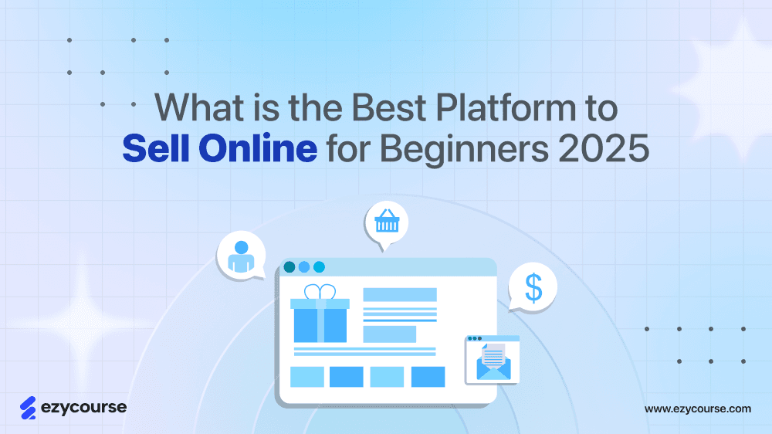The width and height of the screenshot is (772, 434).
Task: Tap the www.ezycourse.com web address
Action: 697,409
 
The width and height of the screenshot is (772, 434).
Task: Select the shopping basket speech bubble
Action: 386,223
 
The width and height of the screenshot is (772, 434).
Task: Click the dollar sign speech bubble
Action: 533,287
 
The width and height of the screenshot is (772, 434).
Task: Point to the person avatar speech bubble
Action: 241,254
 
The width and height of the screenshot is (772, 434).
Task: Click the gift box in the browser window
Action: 320,320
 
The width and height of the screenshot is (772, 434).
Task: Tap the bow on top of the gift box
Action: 320,292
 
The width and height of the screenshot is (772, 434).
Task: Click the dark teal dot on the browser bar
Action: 289,267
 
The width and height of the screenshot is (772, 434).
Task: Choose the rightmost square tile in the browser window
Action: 428,377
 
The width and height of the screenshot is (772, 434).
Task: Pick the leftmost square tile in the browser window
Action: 306,377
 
